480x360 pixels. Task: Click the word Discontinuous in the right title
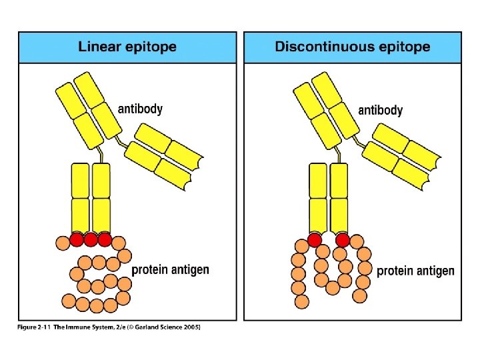(x=318, y=47)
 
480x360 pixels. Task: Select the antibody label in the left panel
(x=140, y=108)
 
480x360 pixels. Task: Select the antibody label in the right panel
(x=380, y=110)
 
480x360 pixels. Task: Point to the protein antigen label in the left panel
(x=170, y=270)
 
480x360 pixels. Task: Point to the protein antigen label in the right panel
(x=415, y=271)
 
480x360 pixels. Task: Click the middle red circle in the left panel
(x=91, y=239)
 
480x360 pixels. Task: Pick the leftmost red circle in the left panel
(x=77, y=239)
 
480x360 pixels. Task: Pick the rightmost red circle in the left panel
(x=105, y=239)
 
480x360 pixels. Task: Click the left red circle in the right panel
(x=315, y=240)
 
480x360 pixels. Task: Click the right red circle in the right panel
(x=343, y=240)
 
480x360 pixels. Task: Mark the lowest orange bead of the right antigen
(x=301, y=301)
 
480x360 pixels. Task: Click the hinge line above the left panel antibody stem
(x=101, y=155)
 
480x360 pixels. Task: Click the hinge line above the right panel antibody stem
(x=341, y=155)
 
